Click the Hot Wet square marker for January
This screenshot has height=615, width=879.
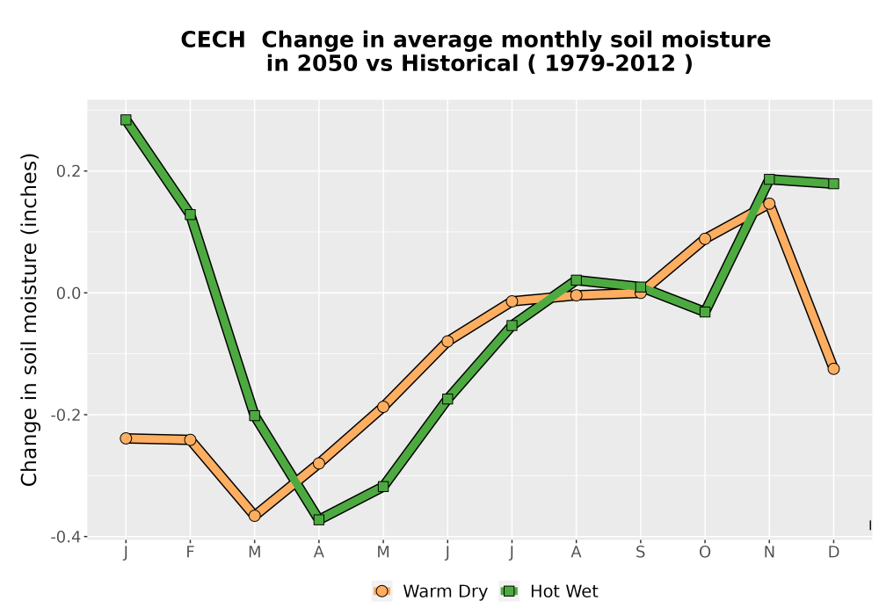(x=126, y=119)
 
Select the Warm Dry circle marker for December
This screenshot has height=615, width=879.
(x=833, y=368)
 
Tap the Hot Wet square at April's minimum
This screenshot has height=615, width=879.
(x=319, y=520)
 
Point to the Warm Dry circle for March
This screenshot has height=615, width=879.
(x=255, y=516)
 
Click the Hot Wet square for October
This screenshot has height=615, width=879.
(x=705, y=312)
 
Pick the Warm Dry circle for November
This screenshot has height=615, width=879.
(x=770, y=203)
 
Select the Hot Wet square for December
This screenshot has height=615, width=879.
(x=833, y=184)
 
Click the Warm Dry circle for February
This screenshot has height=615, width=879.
(x=191, y=439)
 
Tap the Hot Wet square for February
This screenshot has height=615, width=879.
(x=191, y=214)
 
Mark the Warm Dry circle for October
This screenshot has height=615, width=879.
(x=705, y=239)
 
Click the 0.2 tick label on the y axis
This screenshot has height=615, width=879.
(x=68, y=170)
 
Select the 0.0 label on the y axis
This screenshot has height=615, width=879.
(x=68, y=293)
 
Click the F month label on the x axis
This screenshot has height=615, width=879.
(x=191, y=553)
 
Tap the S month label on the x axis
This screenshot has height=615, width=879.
(x=641, y=553)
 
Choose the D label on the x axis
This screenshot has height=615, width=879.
(x=833, y=553)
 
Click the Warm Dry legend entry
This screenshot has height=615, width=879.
(x=430, y=591)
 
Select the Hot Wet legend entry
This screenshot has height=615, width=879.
(x=549, y=591)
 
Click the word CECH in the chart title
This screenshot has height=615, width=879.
(x=213, y=40)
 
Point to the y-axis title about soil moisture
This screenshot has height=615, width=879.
(x=29, y=320)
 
